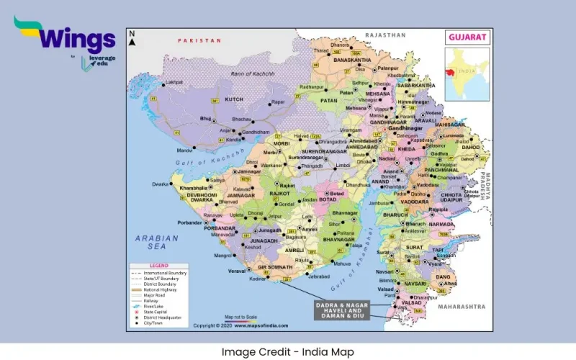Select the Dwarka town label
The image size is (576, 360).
point(160,184)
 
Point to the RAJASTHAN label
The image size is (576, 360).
point(385,35)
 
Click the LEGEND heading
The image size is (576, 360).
point(158,266)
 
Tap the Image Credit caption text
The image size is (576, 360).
point(288,351)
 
